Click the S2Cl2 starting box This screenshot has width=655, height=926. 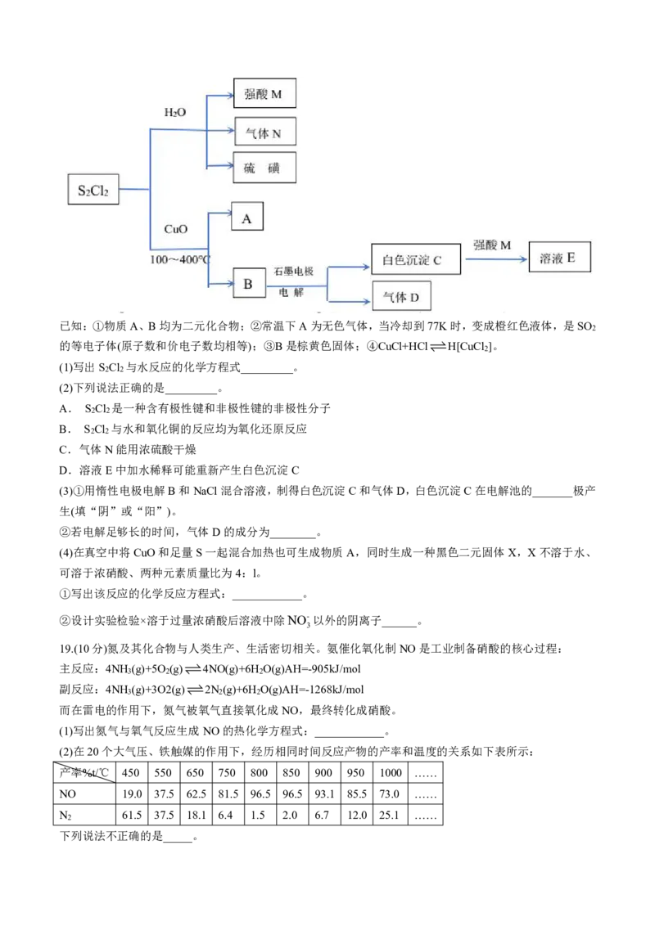pyautogui.click(x=93, y=190)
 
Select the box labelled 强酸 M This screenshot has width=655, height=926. pyautogui.click(x=264, y=94)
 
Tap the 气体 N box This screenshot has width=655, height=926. pyautogui.click(x=264, y=132)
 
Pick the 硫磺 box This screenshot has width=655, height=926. pyautogui.click(x=264, y=167)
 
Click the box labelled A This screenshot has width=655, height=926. pyautogui.click(x=247, y=218)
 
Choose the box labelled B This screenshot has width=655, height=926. pyautogui.click(x=249, y=284)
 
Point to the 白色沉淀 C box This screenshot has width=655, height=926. pyautogui.click(x=415, y=259)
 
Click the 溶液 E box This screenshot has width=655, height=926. pyautogui.click(x=559, y=258)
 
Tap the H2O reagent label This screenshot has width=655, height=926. pyautogui.click(x=175, y=113)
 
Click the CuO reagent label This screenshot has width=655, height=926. pyautogui.click(x=176, y=229)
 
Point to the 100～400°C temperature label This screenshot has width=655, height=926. pyautogui.click(x=180, y=258)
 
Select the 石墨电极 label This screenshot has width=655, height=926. pyautogui.click(x=295, y=271)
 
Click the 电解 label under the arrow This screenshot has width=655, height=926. pyautogui.click(x=291, y=291)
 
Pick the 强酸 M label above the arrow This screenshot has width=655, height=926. pyautogui.click(x=492, y=245)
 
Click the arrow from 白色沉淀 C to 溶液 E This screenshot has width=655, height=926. pyautogui.click(x=495, y=259)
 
